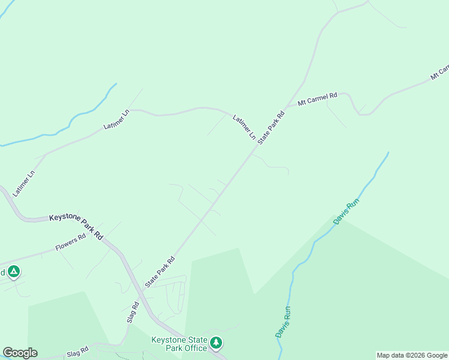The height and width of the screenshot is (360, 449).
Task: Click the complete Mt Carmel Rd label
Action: pos(318,98)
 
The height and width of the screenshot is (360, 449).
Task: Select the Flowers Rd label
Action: pos(71,241)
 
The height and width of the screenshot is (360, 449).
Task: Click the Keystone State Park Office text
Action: pos(179,344)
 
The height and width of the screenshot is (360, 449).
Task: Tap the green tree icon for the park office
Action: pos(216,343)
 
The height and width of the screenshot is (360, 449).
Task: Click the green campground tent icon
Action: pos(14,272)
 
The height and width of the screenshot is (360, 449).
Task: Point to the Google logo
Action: pos(20,353)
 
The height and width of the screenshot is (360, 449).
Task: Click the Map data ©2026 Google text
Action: pos(412,355)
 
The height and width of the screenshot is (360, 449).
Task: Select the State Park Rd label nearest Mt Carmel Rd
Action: pos(271,127)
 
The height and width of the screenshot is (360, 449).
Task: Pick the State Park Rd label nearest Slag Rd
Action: pos(160,272)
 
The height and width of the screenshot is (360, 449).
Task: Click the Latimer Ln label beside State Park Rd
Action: pos(244,127)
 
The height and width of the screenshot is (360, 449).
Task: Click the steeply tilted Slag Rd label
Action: pos(133,312)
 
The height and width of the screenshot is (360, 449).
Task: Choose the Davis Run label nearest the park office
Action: pos(283,322)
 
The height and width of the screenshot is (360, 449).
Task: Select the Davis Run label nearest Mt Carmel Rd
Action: pos(346,211)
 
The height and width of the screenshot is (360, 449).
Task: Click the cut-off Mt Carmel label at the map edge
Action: pos(439,72)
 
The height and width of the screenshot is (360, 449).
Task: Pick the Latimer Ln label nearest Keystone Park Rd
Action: pos(25,182)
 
